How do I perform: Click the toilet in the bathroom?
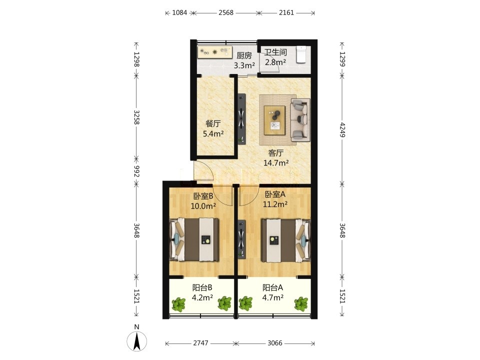point(301,54)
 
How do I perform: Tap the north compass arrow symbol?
point(137,340)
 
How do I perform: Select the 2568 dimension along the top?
point(226,12)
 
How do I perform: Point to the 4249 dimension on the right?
point(342,130)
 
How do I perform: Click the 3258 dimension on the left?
point(136,117)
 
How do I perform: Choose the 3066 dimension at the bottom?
point(275,343)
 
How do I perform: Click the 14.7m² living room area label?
point(276,163)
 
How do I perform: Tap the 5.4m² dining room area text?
point(213,134)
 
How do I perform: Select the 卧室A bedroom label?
point(275,194)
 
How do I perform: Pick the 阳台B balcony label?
point(202,288)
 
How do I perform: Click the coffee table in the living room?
point(275,120)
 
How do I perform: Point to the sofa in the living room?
point(300,119)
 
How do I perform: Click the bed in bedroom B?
point(194,239)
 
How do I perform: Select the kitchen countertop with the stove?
point(214,52)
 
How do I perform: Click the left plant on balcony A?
point(245,303)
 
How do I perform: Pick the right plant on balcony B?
point(224,303)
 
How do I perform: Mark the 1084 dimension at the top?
point(179,12)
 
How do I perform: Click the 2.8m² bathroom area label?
point(275,62)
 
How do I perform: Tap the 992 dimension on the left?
point(136,171)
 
